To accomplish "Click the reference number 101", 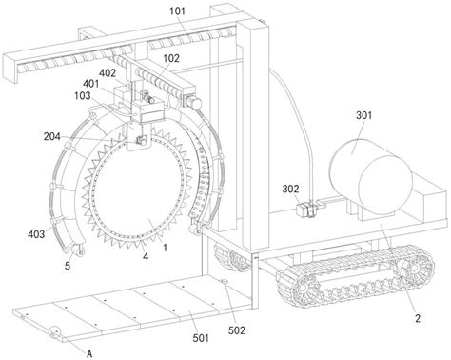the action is [x=177, y=11].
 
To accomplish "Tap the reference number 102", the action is [x=171, y=58].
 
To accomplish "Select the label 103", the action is [x=82, y=95].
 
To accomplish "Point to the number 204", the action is [x=51, y=136].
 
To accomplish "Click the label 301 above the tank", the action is [x=363, y=115].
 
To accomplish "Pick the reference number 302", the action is [x=290, y=189].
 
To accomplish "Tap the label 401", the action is [x=91, y=84].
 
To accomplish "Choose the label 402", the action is [x=108, y=73].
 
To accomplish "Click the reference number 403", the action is [x=36, y=234].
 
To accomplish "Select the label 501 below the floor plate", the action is [x=201, y=338].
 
